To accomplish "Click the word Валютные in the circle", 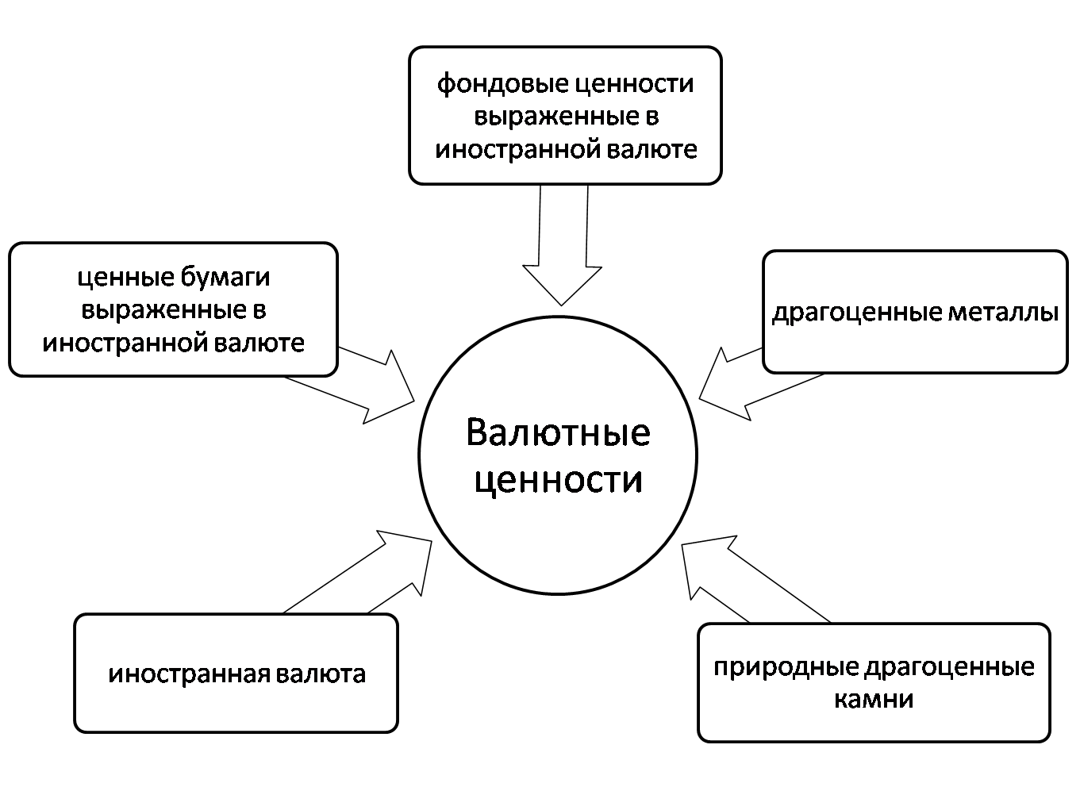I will click(558, 433).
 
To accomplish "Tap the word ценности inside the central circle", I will click(558, 479).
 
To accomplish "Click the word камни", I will click(874, 700).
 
